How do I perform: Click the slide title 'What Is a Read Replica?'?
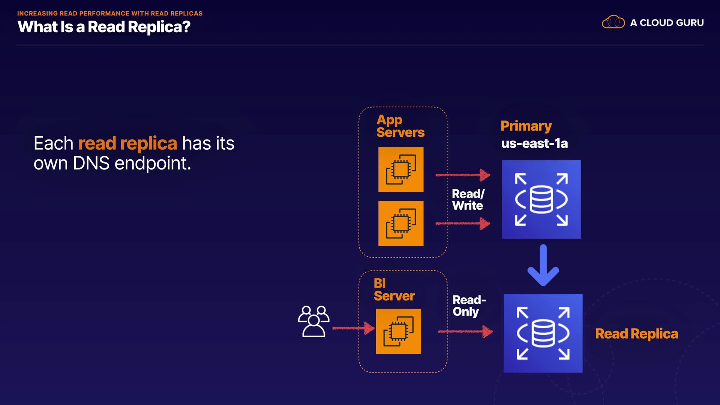coord(104,27)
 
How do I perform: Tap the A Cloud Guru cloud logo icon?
coord(613,22)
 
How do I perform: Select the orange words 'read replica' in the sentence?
coord(127,143)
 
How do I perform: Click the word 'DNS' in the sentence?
coord(91,163)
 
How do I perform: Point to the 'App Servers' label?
coord(400,126)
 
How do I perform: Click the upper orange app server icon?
coord(401,169)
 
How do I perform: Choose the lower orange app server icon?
coord(401,223)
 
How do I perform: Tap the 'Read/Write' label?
coord(468,199)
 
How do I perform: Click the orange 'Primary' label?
coord(526,126)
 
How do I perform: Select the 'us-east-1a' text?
coord(534,143)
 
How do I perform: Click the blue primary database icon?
coord(541,199)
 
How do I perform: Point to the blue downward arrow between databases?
coord(543,265)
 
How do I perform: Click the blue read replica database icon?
coord(543,333)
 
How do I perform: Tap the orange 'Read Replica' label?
coord(637,334)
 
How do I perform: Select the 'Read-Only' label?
coord(469,306)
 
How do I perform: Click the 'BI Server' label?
coord(394,289)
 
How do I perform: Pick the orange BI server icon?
coord(398,331)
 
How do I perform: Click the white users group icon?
coord(314,321)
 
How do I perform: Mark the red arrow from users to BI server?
coord(354,328)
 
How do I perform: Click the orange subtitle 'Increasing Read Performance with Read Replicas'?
coord(110,13)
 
